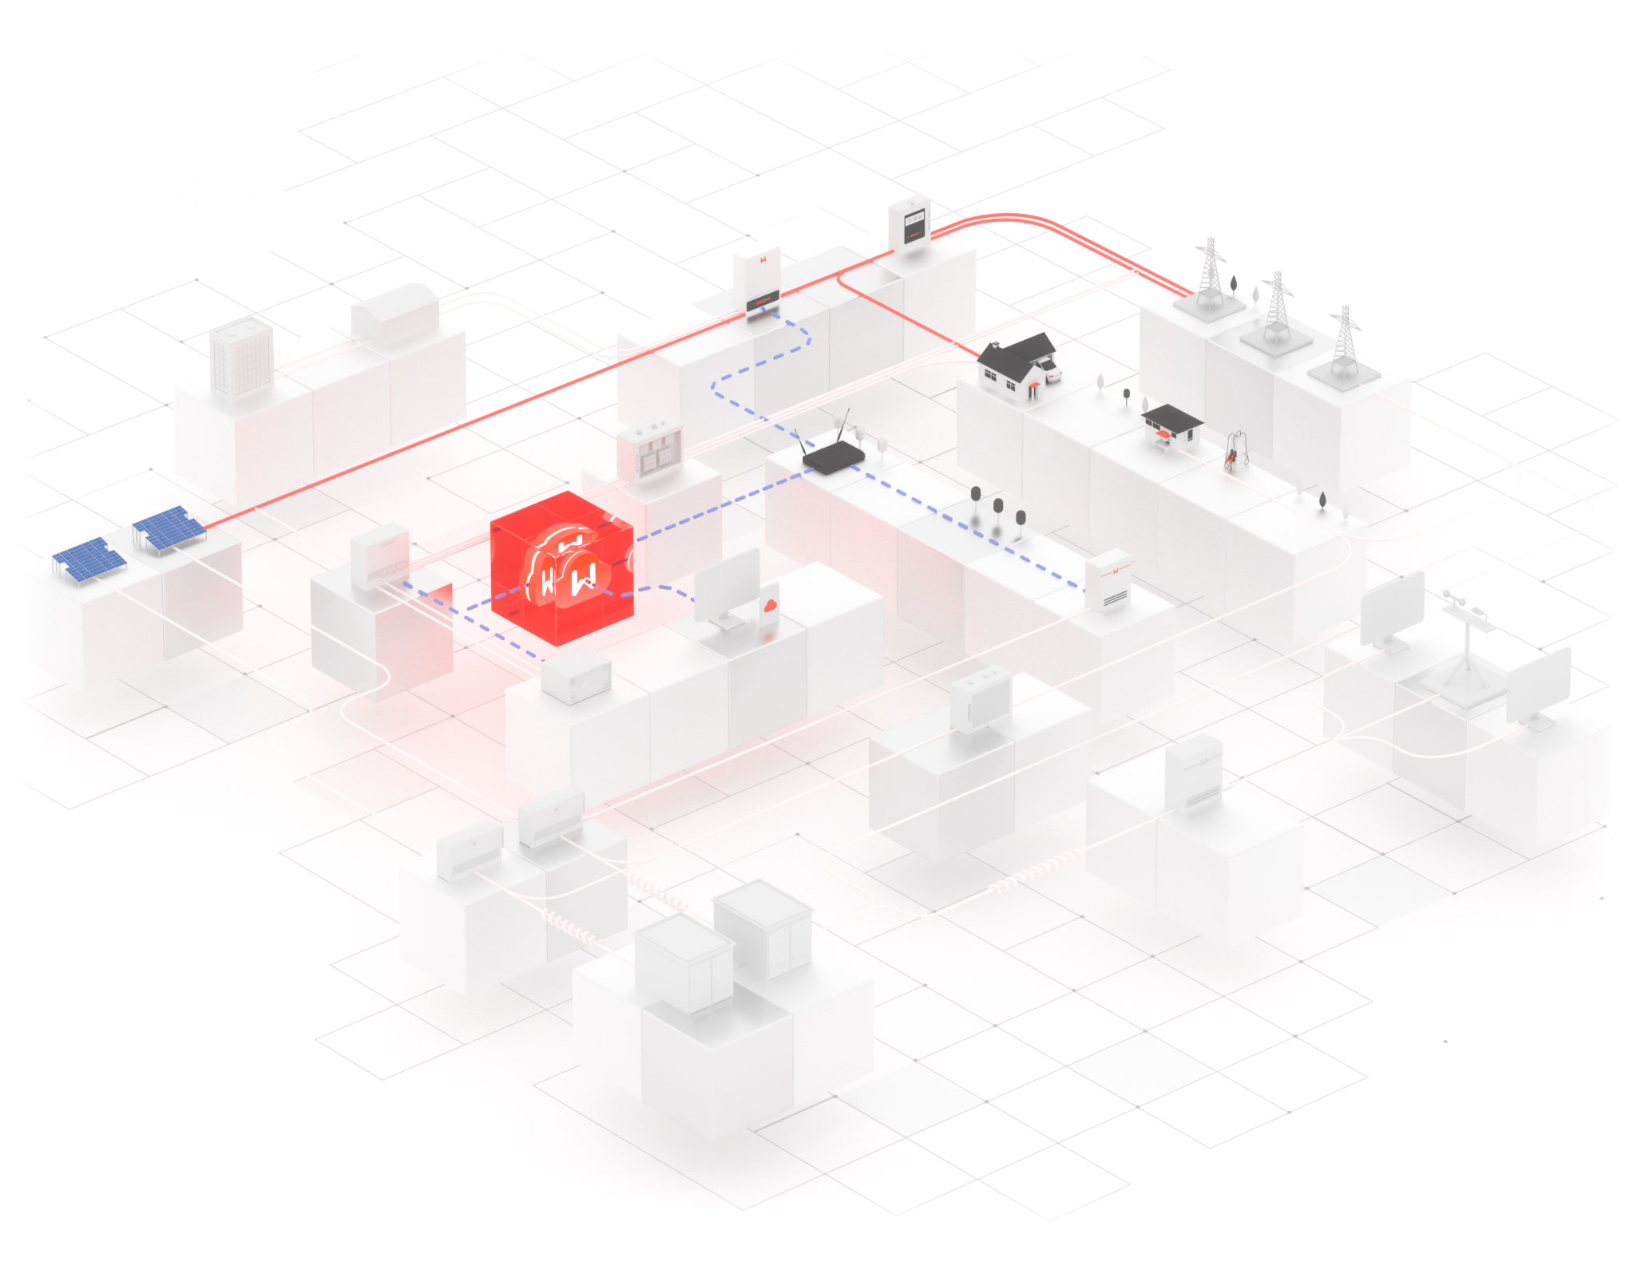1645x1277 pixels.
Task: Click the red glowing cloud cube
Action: point(561,568)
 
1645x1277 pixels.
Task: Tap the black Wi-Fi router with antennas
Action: point(833,457)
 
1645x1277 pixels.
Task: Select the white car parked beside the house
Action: point(1048,370)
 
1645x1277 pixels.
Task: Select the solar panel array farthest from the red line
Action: point(89,559)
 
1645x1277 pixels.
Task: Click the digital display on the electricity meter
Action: point(914,217)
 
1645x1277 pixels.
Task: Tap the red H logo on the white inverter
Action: point(763,260)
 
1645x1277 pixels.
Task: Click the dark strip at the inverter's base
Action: point(762,303)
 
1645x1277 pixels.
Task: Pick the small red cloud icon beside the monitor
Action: point(770,605)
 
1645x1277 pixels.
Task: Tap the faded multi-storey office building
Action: point(241,357)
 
